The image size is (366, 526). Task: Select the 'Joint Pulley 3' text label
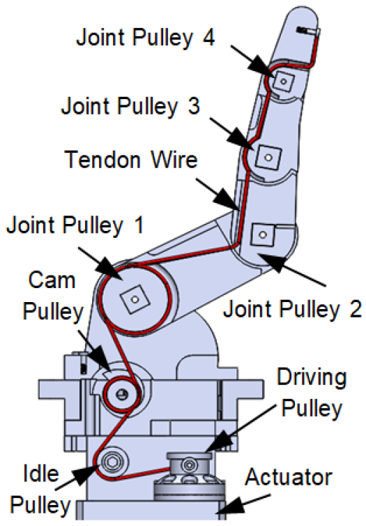coord(130,107)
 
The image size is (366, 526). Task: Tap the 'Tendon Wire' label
coord(132,161)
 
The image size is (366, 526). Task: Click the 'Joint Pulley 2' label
coord(293,309)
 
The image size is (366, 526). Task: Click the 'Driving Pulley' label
coord(312,393)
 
